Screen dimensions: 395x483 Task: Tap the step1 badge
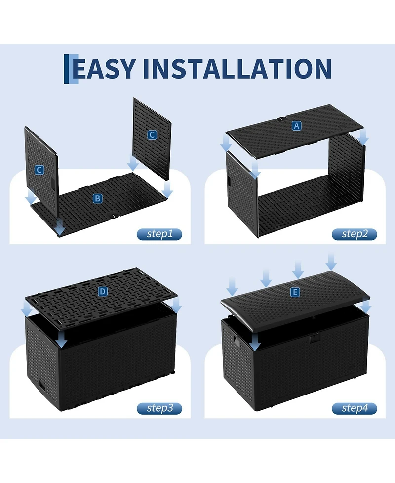click(159, 234)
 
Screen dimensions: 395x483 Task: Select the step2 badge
click(355, 234)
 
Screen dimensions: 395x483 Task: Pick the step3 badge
click(159, 408)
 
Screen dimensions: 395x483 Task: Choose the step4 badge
click(355, 408)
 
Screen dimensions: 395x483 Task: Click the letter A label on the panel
click(297, 126)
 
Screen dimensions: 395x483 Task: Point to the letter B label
click(98, 198)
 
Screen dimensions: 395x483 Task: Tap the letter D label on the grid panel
click(102, 291)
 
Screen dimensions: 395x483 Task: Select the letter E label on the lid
click(295, 292)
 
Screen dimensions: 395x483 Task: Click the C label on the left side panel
click(39, 170)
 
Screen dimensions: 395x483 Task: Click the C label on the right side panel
click(152, 135)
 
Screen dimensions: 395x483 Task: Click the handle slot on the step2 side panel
click(230, 181)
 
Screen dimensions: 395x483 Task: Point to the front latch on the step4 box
click(314, 338)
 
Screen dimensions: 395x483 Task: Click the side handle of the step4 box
click(237, 341)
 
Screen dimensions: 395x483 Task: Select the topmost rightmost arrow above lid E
click(331, 262)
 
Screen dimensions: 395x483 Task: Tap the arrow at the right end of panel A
click(363, 137)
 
